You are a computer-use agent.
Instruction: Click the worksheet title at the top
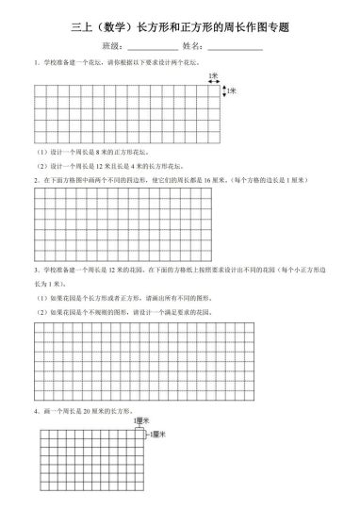(179, 28)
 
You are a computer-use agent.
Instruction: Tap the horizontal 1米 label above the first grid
(215, 75)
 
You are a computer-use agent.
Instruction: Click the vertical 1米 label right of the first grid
(232, 91)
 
